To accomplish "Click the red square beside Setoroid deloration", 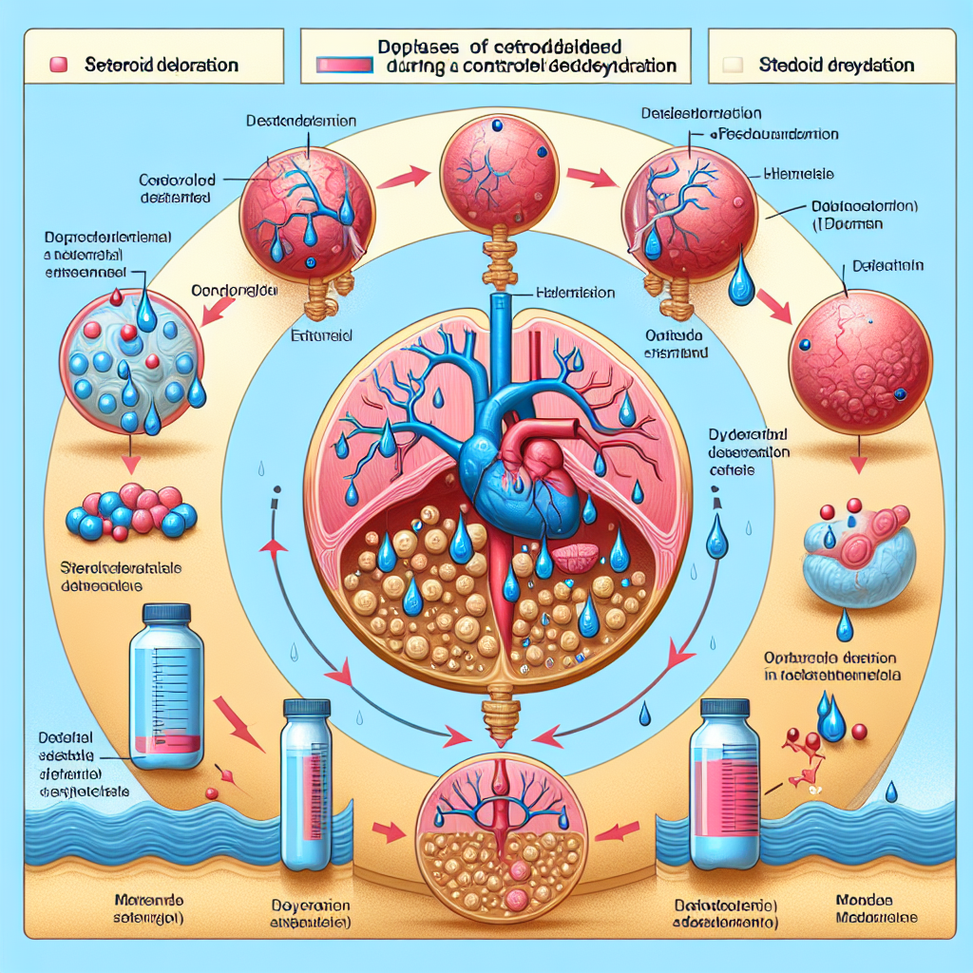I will click(56, 66).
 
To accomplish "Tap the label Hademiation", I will click(577, 295).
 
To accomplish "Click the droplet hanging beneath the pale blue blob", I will click(844, 626).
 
